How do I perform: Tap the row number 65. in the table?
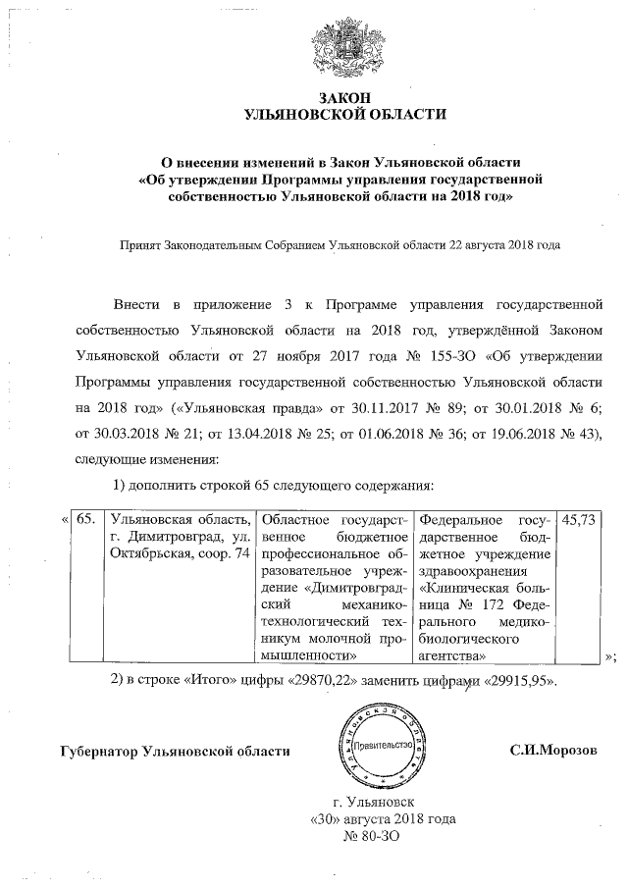click(x=85, y=519)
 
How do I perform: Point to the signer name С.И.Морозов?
click(x=552, y=751)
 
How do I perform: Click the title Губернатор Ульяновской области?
click(x=175, y=751)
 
